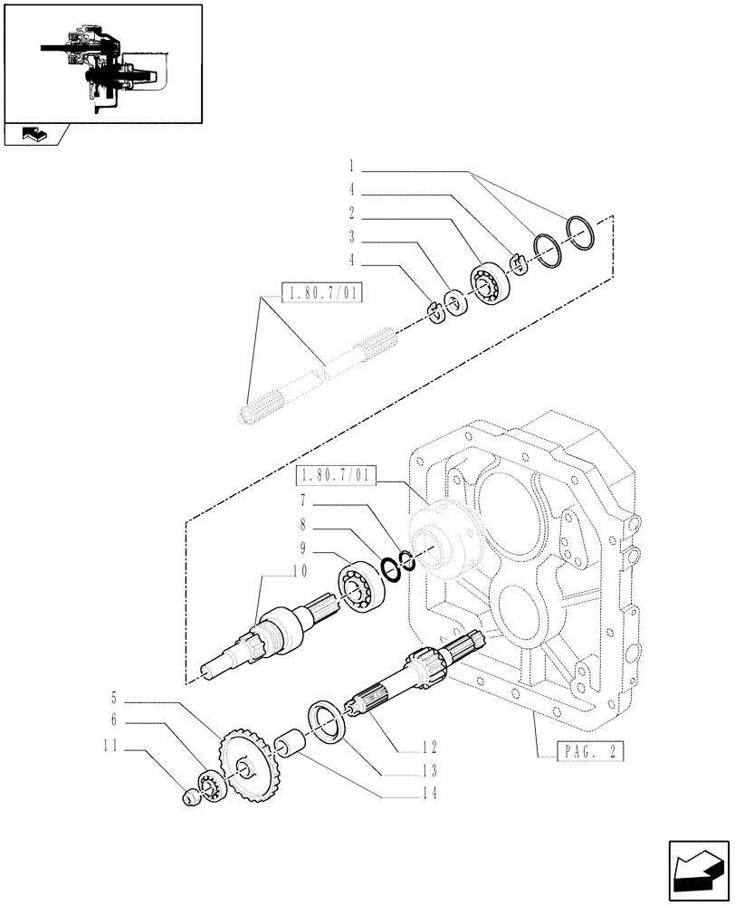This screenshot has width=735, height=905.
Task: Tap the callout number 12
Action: (429, 748)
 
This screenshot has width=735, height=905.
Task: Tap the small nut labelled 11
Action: (190, 797)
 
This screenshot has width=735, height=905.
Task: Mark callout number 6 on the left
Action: (116, 720)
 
